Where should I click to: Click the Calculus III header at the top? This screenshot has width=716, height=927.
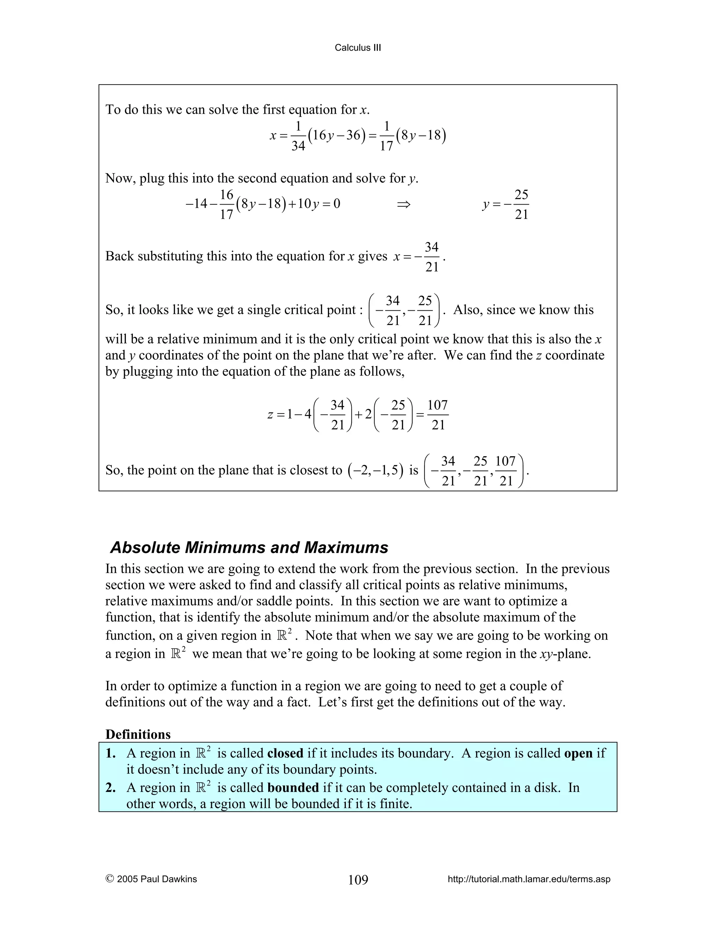358,48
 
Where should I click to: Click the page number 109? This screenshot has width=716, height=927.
358,880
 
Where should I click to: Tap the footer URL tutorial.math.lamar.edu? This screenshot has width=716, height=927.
529,879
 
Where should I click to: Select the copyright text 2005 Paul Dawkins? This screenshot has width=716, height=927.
151,879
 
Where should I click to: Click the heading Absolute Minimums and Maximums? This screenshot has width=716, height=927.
249,547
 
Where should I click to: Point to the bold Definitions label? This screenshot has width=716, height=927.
138,734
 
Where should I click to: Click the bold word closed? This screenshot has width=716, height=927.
285,753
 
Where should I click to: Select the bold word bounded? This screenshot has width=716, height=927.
293,787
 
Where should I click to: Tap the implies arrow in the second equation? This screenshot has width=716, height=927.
403,205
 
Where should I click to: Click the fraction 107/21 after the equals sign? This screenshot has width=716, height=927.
437,415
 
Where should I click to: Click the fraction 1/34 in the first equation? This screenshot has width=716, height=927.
298,136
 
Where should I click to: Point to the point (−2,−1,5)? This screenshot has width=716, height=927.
375,470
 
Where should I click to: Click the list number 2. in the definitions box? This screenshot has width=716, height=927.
111,787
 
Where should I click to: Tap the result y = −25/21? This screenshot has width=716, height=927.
506,205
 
